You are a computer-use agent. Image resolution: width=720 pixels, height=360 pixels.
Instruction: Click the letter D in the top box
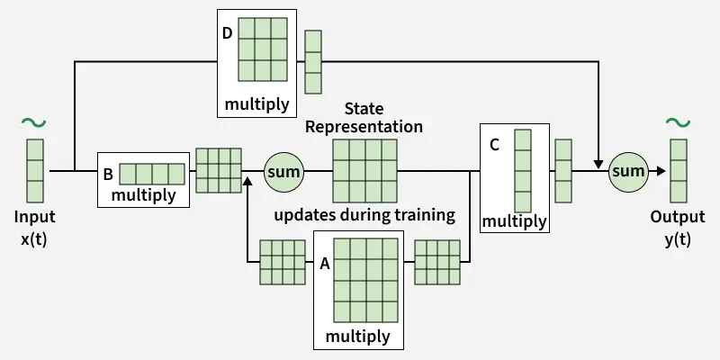(229, 34)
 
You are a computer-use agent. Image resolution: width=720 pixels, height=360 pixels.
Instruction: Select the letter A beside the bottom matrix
(324, 265)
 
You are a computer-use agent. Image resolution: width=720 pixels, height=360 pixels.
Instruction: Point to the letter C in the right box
(494, 144)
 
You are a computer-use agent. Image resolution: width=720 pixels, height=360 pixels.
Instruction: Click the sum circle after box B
(284, 170)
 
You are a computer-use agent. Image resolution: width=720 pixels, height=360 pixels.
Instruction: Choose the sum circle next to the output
(628, 170)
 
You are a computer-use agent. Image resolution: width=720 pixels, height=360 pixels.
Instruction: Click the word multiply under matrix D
(256, 104)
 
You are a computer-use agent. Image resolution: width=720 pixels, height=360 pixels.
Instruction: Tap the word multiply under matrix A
(358, 337)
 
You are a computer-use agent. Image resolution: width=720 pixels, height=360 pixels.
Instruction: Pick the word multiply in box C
(514, 220)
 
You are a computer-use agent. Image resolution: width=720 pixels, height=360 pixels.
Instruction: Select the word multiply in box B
(142, 194)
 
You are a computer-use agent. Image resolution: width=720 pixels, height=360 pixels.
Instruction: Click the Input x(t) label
(34, 228)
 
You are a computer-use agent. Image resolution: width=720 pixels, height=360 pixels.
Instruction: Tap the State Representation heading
(364, 118)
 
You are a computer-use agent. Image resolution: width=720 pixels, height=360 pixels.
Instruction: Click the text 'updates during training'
(364, 215)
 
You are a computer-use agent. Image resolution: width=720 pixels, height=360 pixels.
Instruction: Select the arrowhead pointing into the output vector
(661, 170)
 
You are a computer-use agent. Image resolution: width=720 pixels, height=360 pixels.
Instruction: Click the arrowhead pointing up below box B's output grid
(246, 181)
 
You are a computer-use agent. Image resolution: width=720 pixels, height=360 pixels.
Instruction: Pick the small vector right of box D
(312, 62)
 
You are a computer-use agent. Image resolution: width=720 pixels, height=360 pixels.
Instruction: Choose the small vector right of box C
(563, 170)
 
